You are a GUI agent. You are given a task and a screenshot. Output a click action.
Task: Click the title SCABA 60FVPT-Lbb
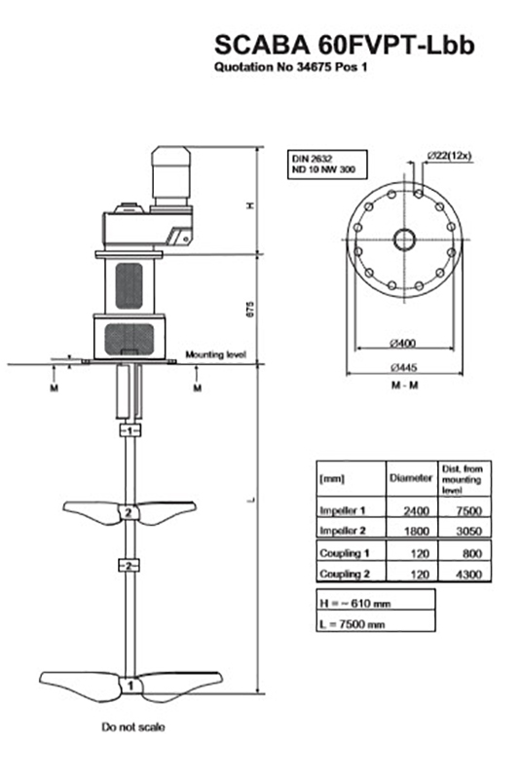[x=345, y=46]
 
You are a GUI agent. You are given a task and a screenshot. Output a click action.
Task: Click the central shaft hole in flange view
[x=403, y=238]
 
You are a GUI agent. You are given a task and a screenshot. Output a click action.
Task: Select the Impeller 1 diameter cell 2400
[x=410, y=509]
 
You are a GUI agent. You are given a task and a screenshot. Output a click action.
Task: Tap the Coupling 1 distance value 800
[x=463, y=554]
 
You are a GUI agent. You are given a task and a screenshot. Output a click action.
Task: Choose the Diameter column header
[x=410, y=478]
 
